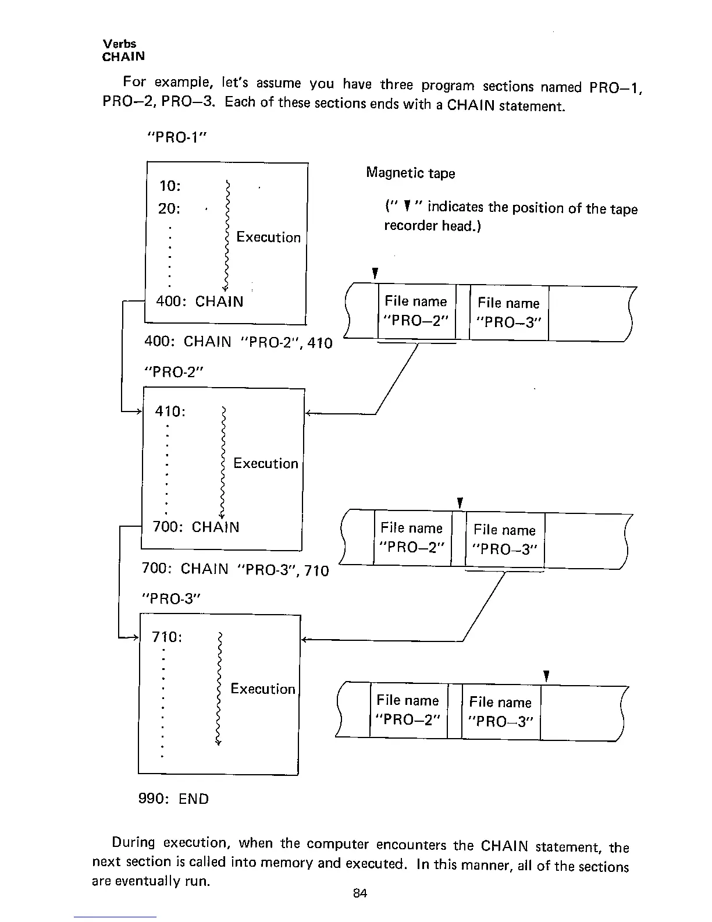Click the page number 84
(x=359, y=893)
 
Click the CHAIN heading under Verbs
(x=123, y=56)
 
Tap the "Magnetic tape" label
(x=410, y=173)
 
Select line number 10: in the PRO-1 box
(x=170, y=186)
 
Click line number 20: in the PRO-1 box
(x=169, y=208)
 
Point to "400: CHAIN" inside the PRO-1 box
(x=200, y=302)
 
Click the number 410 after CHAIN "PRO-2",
(x=320, y=343)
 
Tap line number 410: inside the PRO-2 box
(x=170, y=412)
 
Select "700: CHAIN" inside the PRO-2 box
(x=195, y=527)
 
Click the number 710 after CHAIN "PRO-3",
(x=316, y=570)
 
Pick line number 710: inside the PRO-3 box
(x=167, y=637)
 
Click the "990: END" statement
(x=173, y=799)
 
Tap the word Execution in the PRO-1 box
(x=268, y=237)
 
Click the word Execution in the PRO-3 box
(x=263, y=689)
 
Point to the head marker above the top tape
(x=376, y=273)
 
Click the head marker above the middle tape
(x=460, y=503)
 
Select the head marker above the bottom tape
(x=546, y=676)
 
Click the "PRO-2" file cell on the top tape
(x=416, y=311)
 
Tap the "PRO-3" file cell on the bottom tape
(x=500, y=712)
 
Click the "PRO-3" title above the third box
(x=170, y=599)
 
